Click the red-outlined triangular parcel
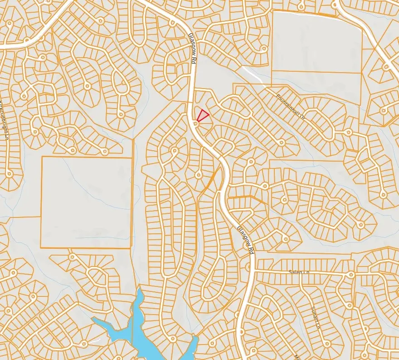tap(202, 115)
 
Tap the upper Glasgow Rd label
tap(192, 51)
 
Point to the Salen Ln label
tap(299, 272)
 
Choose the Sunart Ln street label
tap(316, 318)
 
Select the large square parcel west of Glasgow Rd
tap(86, 202)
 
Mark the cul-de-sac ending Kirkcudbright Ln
tap(9, 173)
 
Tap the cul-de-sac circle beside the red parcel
tap(196, 123)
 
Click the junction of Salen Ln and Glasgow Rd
tap(252, 271)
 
